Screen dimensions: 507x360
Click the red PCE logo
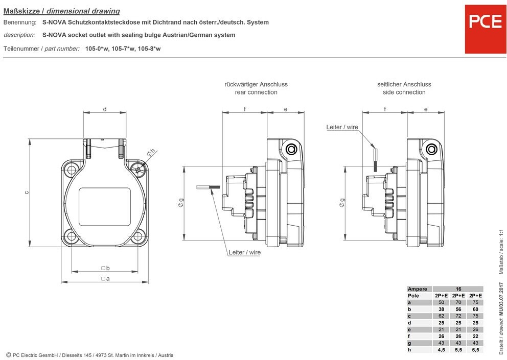486,29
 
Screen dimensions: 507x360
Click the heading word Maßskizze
21,11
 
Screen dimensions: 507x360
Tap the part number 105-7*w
123,49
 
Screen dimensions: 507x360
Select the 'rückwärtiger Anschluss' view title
256,84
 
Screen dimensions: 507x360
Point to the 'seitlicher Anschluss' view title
404,84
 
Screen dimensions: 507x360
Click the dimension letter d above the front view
105,109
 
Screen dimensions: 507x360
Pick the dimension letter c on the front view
27,193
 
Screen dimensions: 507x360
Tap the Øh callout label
151,153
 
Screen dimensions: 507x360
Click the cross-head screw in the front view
139,169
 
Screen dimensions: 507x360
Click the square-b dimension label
105,268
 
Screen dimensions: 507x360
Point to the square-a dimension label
105,279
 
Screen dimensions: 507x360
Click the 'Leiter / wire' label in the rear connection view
245,252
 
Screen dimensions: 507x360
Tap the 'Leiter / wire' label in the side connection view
342,127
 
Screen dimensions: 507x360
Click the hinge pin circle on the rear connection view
291,149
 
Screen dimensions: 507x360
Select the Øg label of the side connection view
342,203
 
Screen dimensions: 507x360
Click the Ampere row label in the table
418,289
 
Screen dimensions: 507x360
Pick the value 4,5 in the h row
442,350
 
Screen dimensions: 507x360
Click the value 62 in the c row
442,316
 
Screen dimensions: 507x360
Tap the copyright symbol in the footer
9,355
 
